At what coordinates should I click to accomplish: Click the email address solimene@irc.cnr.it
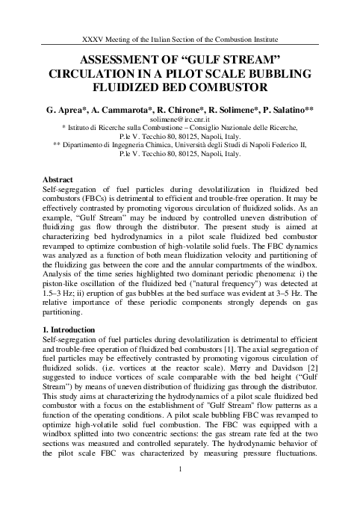tap(180, 119)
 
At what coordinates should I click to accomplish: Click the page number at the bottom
tap(180, 489)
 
